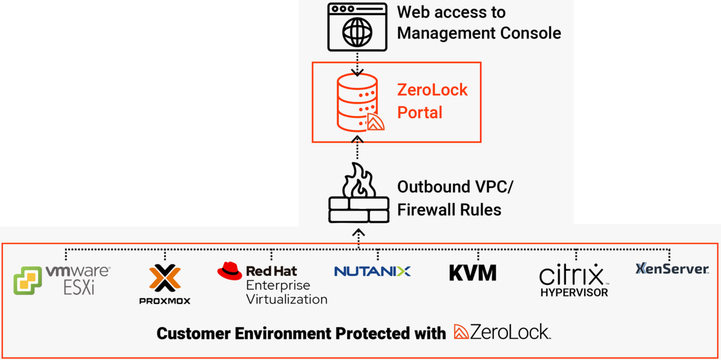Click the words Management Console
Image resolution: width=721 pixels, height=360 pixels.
(479, 33)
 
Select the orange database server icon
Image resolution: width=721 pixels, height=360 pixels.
(357, 102)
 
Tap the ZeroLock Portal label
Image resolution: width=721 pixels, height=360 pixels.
(432, 101)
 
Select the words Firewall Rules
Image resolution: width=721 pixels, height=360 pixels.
(449, 210)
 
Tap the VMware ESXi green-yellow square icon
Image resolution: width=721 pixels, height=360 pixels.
(28, 281)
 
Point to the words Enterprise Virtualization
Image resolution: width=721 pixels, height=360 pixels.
(286, 292)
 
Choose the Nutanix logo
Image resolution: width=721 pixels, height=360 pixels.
(372, 271)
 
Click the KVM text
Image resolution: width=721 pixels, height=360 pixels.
(473, 272)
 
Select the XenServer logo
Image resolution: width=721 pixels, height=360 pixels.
(672, 269)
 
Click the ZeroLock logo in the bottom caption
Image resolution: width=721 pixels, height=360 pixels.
(502, 332)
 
